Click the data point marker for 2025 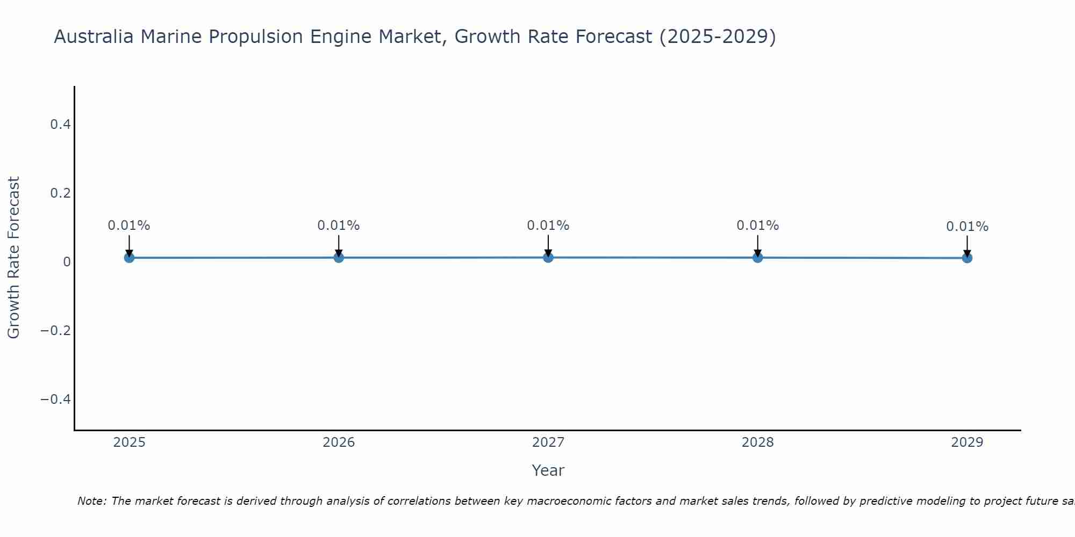(129, 258)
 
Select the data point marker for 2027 (548, 258)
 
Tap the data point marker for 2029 (967, 258)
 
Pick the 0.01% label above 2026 (339, 226)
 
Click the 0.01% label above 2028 (757, 226)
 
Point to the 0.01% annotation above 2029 (967, 227)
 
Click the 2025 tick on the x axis (130, 442)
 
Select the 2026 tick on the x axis (339, 442)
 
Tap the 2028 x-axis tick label (757, 442)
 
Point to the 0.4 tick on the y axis (60, 125)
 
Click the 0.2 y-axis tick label (60, 193)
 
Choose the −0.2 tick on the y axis (56, 330)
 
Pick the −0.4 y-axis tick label (56, 399)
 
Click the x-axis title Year (548, 470)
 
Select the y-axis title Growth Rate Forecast (13, 258)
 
